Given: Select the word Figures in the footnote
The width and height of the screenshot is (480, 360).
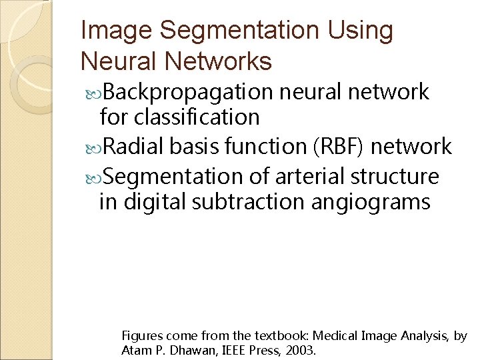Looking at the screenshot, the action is coord(141,336).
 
